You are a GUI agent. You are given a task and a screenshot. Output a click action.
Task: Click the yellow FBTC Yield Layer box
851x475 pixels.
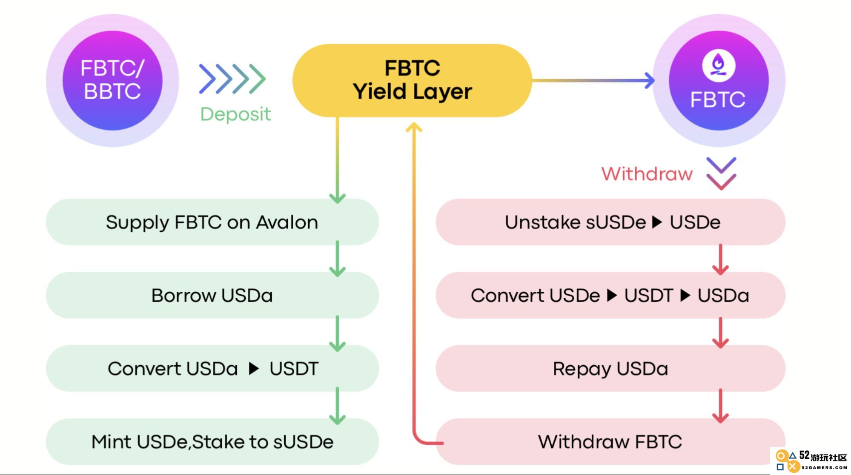coord(412,80)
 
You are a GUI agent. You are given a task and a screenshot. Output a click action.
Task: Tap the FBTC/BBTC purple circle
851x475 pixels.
coord(112,80)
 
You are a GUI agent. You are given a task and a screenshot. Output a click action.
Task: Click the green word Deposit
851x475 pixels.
coord(235,114)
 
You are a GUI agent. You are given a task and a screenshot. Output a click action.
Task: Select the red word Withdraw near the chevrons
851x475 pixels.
coord(647,174)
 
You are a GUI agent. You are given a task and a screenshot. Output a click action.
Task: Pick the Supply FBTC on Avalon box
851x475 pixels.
coord(212,222)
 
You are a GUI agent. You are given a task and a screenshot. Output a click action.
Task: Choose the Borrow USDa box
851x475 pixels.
coord(212,295)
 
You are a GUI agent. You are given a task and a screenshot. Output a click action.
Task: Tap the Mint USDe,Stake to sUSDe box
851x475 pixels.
coord(212,441)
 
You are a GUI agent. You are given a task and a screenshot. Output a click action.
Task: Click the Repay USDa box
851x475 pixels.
coord(610,368)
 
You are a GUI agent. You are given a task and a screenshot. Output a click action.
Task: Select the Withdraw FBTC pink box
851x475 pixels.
coord(610,441)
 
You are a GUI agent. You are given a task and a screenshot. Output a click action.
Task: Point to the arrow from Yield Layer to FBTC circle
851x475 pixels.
coord(593,80)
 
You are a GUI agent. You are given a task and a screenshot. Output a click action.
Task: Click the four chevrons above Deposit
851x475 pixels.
coord(232,79)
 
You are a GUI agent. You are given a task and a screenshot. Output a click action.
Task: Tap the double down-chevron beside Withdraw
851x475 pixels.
coord(721,174)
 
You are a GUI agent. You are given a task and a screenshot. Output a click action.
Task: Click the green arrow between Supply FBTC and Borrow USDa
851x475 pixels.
coord(337,259)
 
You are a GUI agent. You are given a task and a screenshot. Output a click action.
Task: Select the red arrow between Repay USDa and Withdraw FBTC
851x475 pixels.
coord(720,406)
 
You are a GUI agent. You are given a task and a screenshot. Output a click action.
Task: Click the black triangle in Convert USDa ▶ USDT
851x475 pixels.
coord(254,369)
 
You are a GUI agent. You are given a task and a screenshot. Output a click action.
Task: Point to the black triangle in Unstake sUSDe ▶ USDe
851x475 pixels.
coord(657,222)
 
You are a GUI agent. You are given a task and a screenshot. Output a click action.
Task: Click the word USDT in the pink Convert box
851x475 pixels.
coord(649,296)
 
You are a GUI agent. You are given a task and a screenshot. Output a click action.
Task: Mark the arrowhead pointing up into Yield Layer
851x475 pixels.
coord(414,127)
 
